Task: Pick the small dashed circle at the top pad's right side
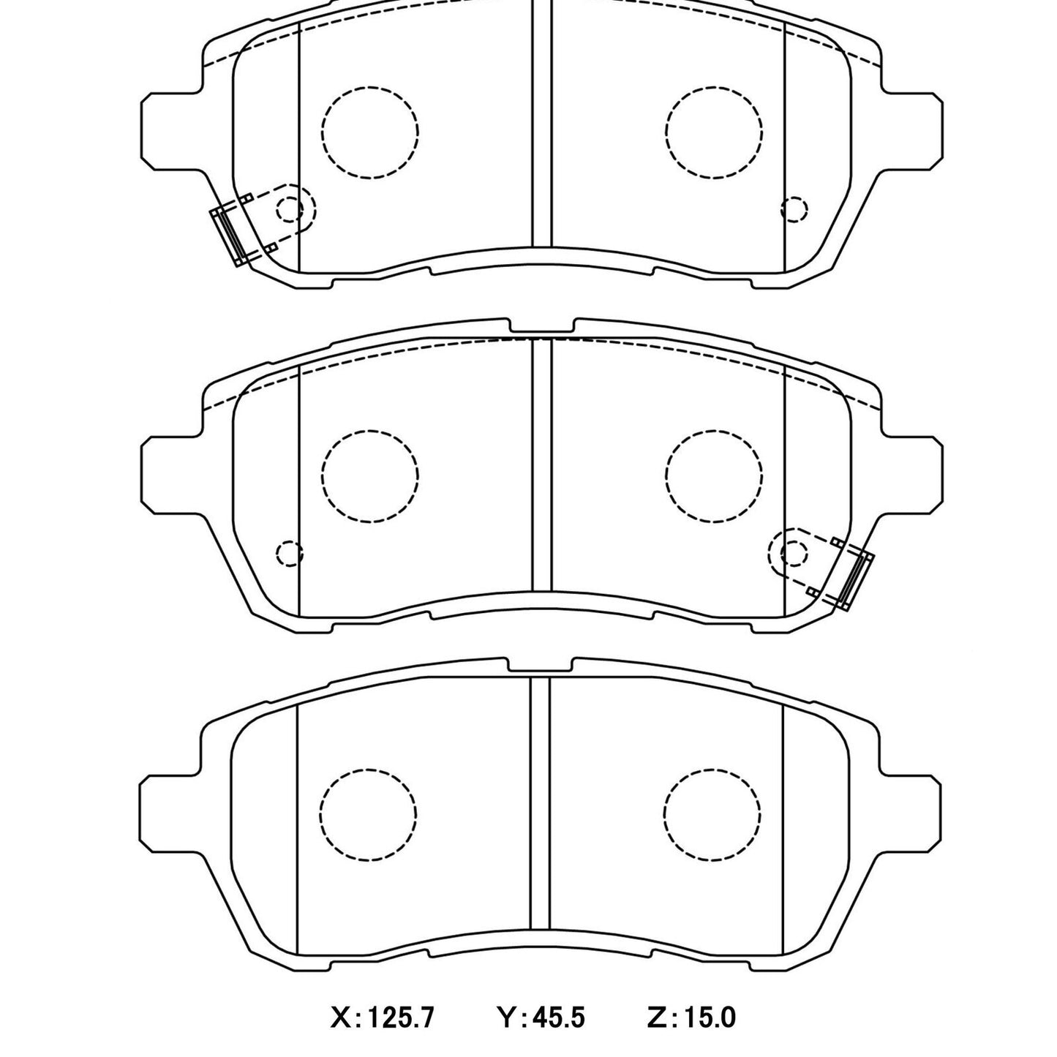tap(795, 210)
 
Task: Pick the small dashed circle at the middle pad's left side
tap(289, 553)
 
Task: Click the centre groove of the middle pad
tap(542, 468)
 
